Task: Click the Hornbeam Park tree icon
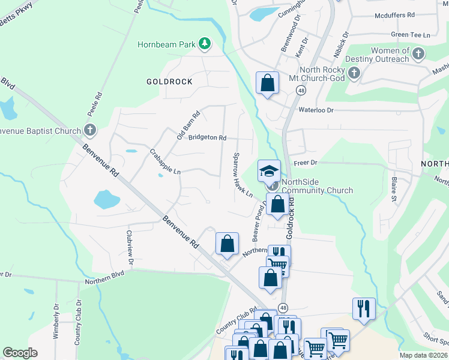point(205,43)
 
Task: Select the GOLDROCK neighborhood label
point(170,81)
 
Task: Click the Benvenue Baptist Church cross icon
point(90,130)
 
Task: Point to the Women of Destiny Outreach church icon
point(418,54)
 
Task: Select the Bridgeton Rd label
point(207,137)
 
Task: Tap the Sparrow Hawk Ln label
point(243,174)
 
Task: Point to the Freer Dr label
point(305,163)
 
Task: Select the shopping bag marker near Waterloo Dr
point(267,83)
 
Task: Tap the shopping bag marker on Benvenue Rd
point(227,244)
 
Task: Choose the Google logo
point(20,353)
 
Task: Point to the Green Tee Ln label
point(411,35)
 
